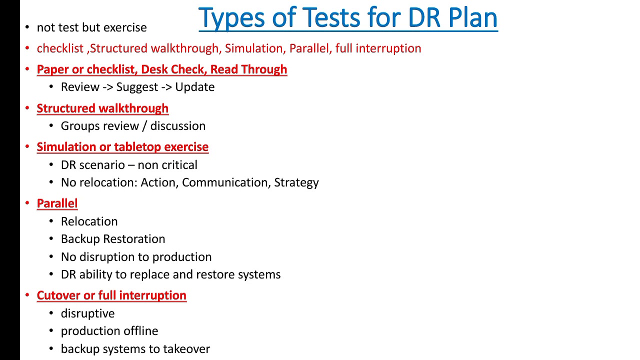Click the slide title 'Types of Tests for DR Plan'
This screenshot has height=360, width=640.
point(348,18)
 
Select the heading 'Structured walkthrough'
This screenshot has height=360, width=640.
point(102,108)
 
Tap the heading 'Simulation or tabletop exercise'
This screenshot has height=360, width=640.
point(122,147)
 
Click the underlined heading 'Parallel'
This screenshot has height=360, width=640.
point(57,203)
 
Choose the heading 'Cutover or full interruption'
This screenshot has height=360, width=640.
point(111,295)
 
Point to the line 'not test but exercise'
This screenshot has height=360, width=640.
point(91,27)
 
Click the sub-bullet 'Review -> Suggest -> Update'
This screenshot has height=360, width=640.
point(137,87)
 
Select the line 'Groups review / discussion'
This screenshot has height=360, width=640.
point(133,126)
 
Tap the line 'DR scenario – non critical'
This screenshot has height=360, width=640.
point(129,165)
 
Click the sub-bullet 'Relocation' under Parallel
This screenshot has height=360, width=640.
point(89,221)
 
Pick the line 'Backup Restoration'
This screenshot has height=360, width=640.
point(113,239)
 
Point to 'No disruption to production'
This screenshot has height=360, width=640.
point(136,257)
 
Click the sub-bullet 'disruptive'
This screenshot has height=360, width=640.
point(87,313)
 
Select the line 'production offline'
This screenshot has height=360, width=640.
point(109,331)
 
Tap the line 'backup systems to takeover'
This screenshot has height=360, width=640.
point(135,349)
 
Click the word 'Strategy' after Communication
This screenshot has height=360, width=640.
point(296,182)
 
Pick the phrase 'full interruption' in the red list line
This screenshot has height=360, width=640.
point(378,48)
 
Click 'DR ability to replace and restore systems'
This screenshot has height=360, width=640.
point(170,274)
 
